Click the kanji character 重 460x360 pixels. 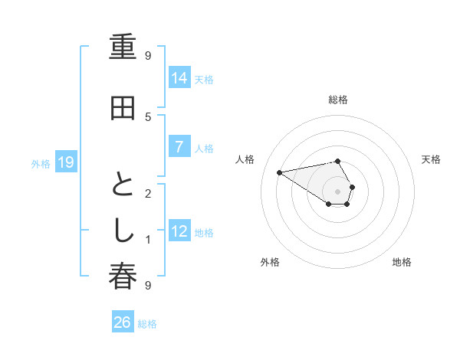[x=123, y=48]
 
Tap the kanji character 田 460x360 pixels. [x=123, y=109]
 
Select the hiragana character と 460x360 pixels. [x=123, y=185]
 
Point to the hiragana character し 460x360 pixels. [x=123, y=231]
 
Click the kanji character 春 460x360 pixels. [x=123, y=277]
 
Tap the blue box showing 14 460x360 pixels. [x=179, y=78]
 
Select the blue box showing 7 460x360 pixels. [x=179, y=148]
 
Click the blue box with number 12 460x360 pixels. [x=179, y=232]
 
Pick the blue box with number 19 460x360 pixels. [x=66, y=162]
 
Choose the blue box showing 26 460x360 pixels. [x=123, y=323]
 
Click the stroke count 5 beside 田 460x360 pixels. [x=148, y=116]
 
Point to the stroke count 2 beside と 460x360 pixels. [x=148, y=193]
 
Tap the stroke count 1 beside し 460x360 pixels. [x=148, y=240]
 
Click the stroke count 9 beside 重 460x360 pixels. [x=148, y=55]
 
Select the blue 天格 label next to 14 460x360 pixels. [x=204, y=79]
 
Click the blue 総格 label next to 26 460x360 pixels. [x=147, y=324]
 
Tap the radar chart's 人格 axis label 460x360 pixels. [x=245, y=159]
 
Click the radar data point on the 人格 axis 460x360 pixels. [x=279, y=172]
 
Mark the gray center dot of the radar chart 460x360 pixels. [x=337, y=191]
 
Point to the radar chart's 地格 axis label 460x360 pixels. [x=402, y=262]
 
